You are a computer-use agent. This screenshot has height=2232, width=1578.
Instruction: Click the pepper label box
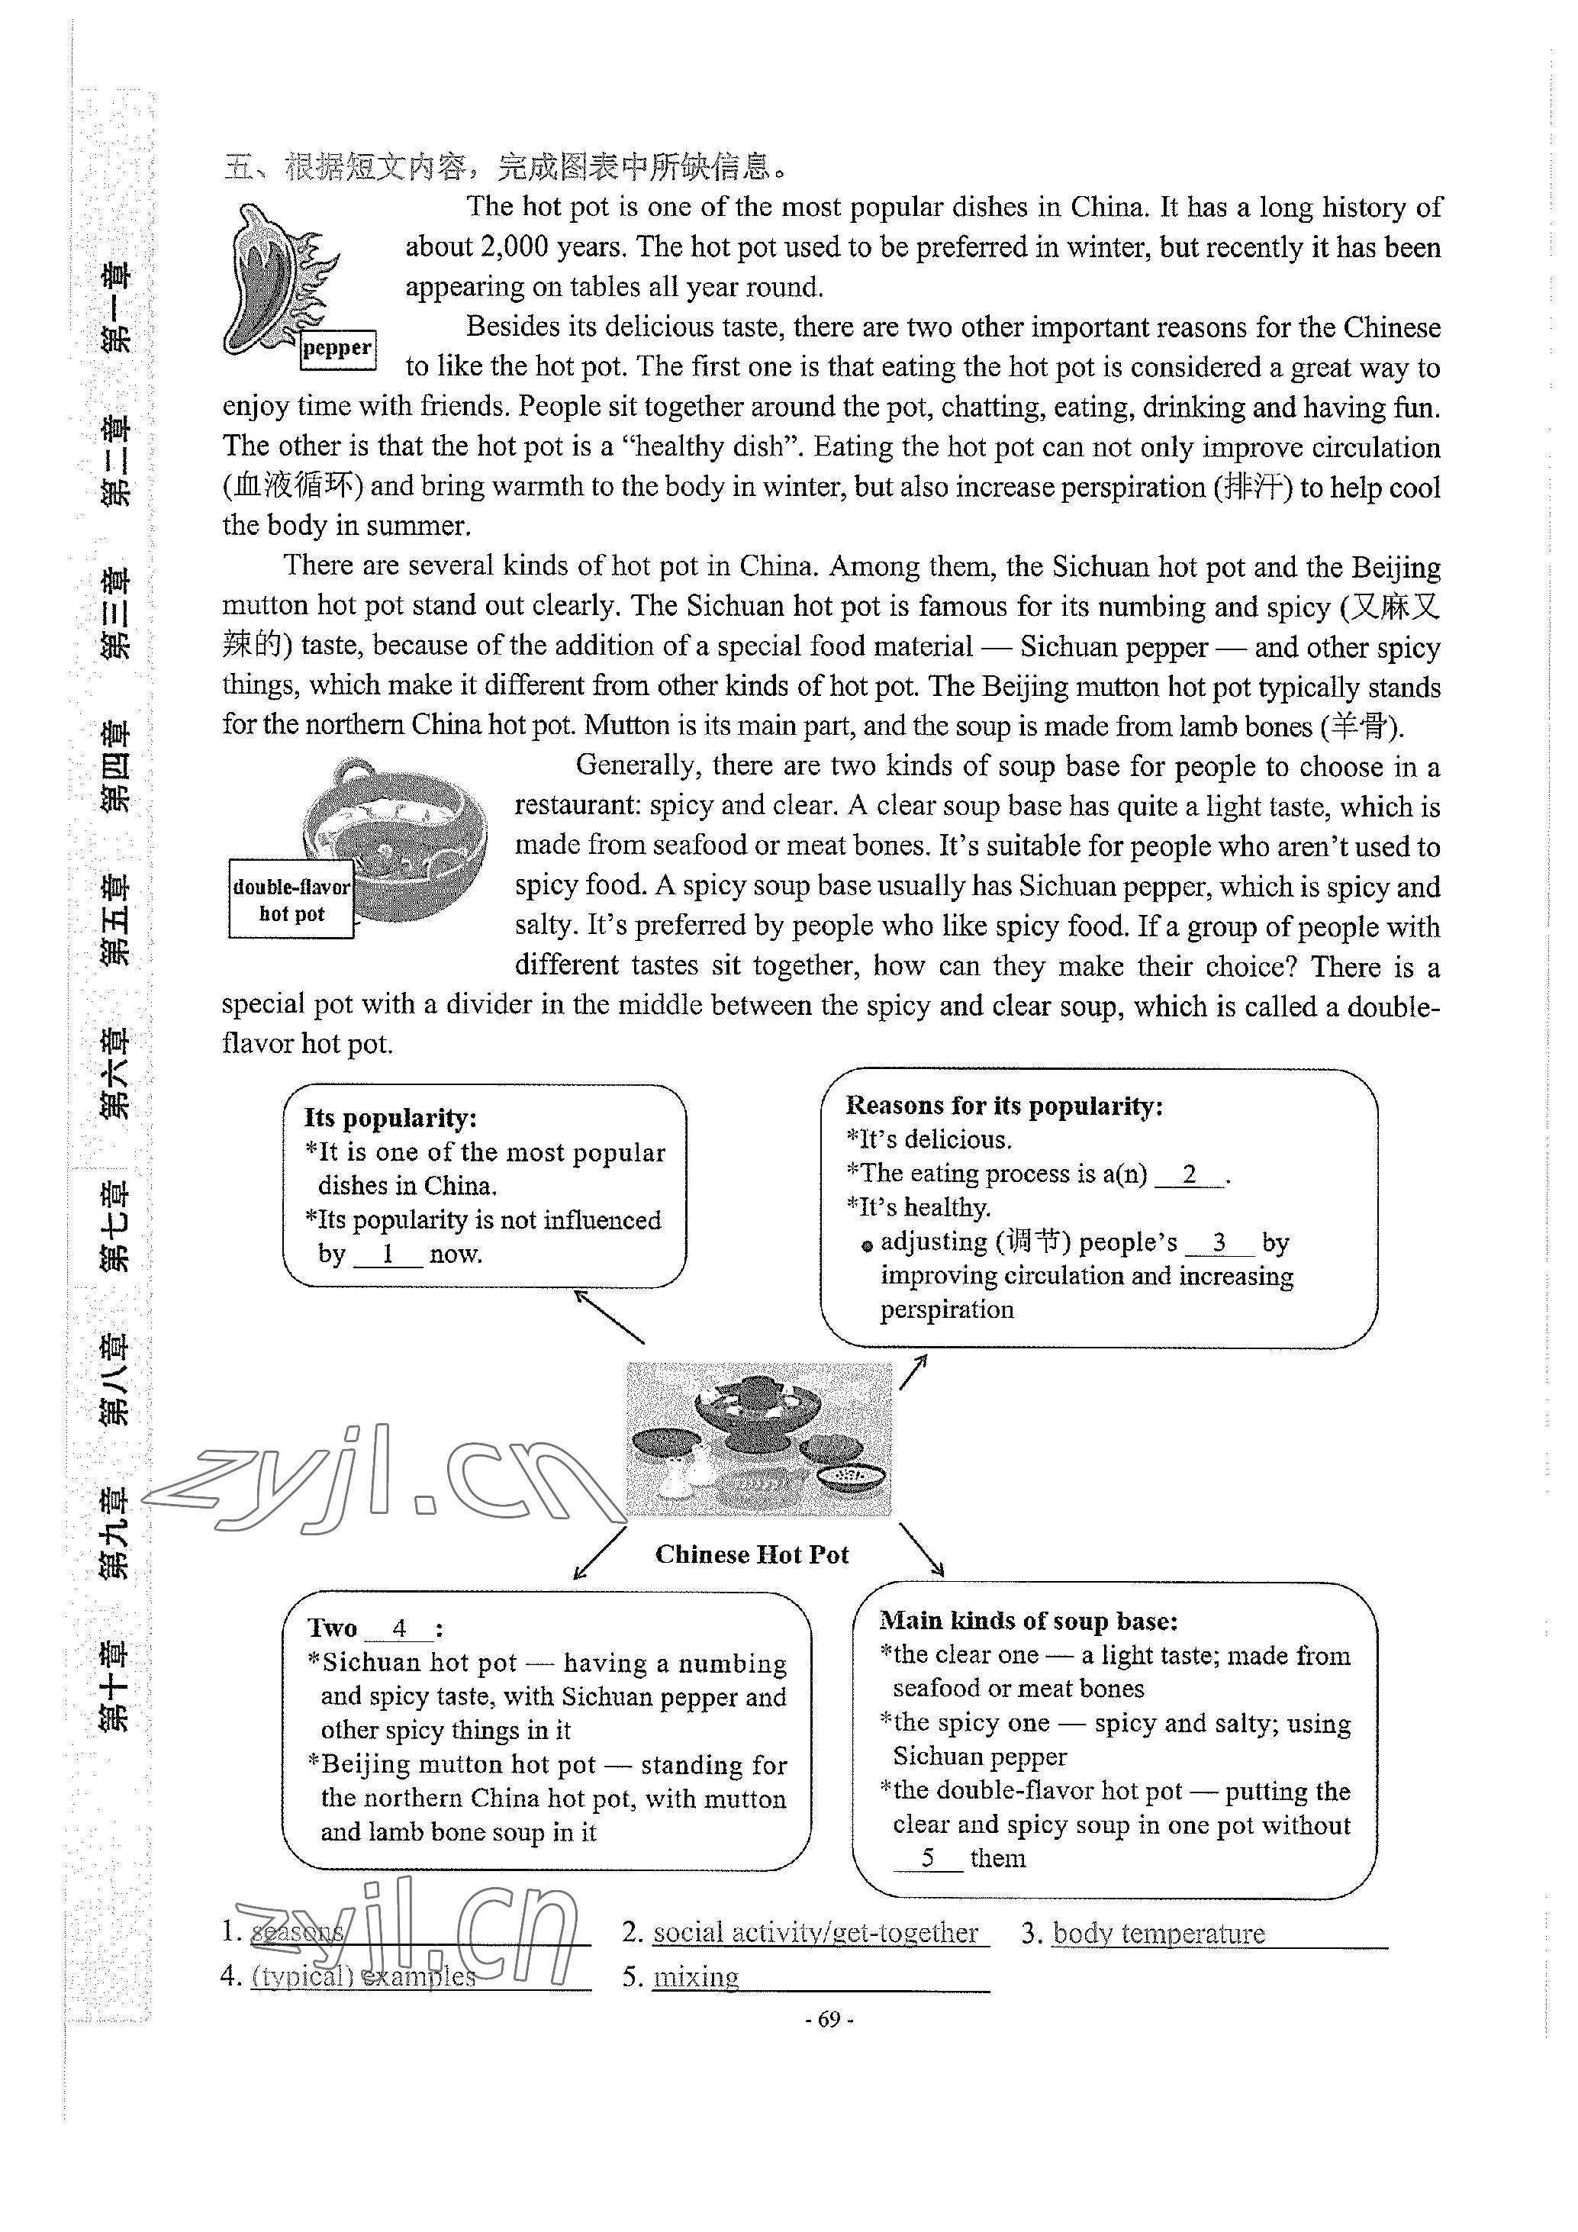point(337,348)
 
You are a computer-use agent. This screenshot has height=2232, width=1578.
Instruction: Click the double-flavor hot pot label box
point(291,899)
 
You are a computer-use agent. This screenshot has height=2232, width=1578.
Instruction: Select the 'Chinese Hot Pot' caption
point(752,1554)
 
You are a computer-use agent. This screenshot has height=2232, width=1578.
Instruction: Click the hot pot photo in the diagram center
point(758,1438)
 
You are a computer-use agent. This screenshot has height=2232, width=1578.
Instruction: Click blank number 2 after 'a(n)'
point(1189,1174)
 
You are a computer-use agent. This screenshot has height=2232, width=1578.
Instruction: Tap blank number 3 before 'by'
point(1219,1242)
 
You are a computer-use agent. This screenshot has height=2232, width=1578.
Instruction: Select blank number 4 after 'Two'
point(398,1628)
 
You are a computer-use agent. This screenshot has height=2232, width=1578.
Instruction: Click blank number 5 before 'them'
point(929,1858)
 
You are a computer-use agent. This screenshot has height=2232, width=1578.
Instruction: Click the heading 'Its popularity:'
point(390,1118)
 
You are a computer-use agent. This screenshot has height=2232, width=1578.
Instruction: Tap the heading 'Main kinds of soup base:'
point(1029,1621)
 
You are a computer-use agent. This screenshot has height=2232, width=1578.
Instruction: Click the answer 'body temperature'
point(1158,1933)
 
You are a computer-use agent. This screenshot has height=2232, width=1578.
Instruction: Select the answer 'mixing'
point(696,1976)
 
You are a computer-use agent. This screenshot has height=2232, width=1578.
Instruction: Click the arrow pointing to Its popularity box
point(609,1317)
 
